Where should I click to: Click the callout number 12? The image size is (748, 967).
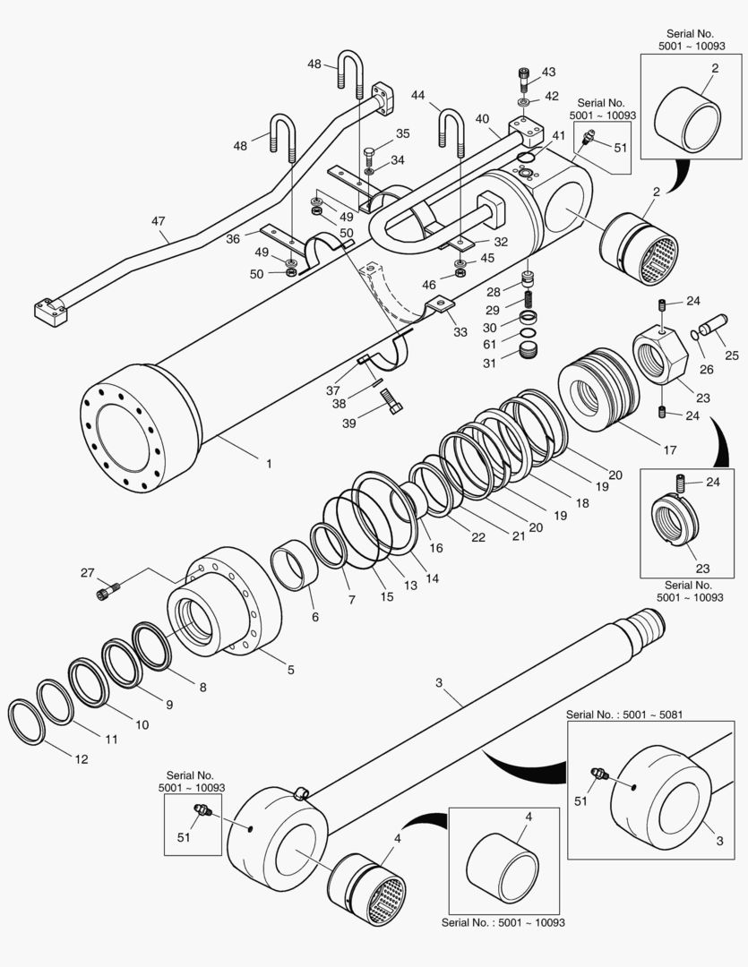pos(81,759)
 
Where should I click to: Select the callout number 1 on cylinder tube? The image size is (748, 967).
pos(268,463)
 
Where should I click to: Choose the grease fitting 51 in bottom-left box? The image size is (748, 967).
pos(201,810)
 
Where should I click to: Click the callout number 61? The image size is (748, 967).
pos(490,346)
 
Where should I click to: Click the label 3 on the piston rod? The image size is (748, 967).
pos(439,683)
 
